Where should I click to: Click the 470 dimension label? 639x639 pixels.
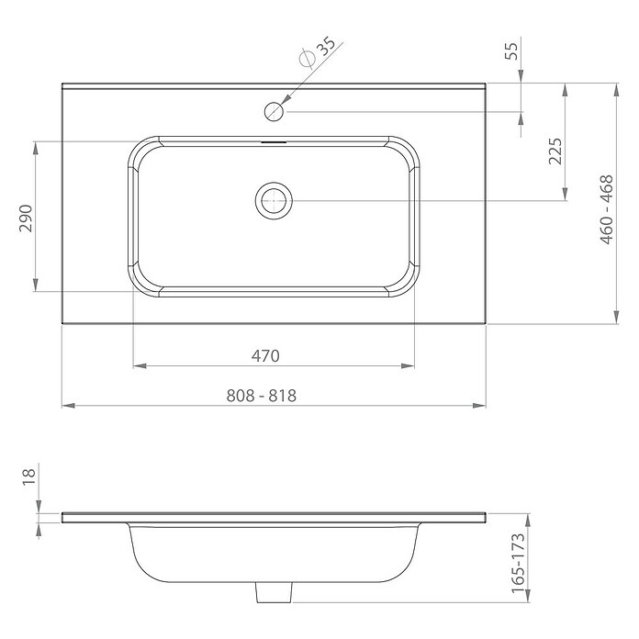pos(265,356)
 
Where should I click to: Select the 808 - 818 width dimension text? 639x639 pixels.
pos(262,396)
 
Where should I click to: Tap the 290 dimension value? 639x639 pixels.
pos(26,219)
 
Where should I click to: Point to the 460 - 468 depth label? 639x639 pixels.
pos(607,209)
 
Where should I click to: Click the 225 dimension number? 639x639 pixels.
pos(555,151)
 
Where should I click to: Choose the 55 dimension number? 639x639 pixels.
pos(511,50)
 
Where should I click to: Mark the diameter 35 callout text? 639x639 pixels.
pos(318,52)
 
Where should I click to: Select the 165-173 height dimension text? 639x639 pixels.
pos(518,564)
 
